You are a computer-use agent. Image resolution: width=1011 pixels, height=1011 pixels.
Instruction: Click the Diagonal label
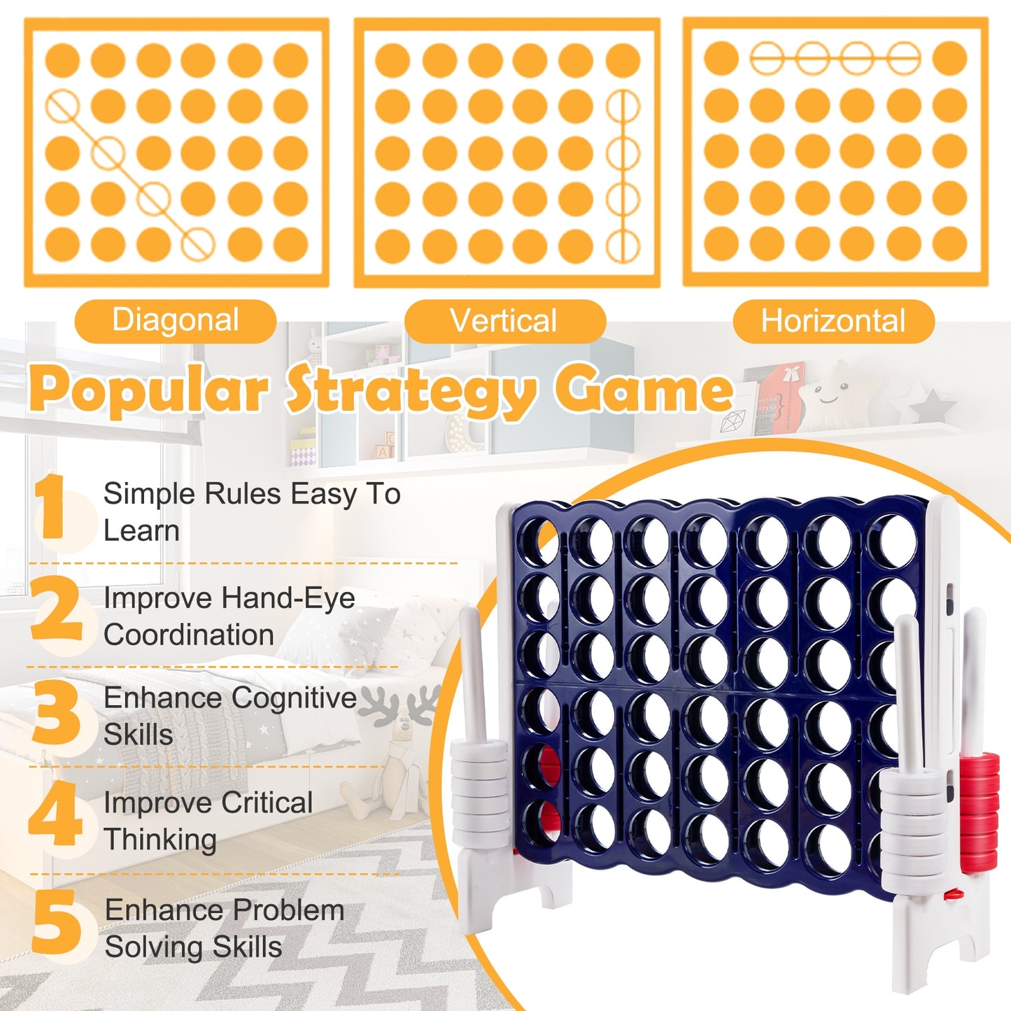(176, 320)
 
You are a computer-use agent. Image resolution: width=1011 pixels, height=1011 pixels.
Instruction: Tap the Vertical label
(504, 321)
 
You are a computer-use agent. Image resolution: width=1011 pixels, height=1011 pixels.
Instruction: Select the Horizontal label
(833, 321)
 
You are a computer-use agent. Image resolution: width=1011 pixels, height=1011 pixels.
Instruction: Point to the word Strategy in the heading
(413, 392)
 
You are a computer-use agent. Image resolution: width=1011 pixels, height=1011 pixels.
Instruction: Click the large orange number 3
(56, 714)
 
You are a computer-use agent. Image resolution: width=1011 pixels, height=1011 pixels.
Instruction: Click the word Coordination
(189, 635)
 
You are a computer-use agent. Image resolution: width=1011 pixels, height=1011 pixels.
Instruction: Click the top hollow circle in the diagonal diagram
(63, 107)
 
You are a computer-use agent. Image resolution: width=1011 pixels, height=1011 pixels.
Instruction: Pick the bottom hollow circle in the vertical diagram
(622, 246)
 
